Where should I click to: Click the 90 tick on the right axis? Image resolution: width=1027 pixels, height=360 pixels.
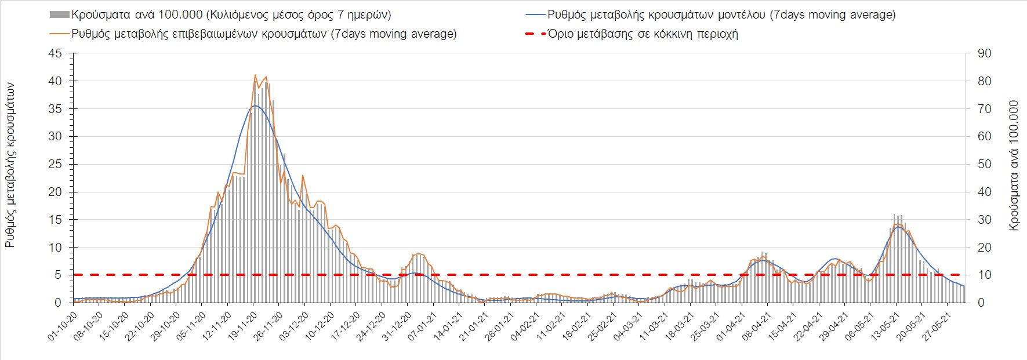984,53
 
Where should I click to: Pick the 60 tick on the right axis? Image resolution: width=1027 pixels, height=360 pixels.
984,137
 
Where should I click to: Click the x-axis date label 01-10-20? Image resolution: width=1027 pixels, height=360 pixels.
63,328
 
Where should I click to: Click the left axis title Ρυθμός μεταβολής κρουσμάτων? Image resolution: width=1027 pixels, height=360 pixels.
10,165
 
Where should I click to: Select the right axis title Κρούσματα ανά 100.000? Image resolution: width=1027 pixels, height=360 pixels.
1014,165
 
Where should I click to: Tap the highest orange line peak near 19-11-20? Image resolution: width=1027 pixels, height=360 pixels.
255,75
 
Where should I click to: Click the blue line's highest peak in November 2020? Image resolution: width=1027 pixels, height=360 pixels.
255,106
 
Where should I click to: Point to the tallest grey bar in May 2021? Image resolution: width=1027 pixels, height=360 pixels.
895,214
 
